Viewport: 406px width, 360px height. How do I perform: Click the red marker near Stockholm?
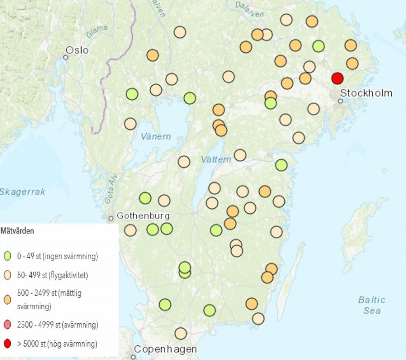337,78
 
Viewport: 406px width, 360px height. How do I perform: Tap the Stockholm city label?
366,93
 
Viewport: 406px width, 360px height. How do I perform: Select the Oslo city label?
77,50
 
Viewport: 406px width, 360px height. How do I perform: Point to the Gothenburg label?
143,216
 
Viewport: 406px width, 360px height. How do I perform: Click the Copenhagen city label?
165,349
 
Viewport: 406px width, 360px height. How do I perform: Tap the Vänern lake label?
156,137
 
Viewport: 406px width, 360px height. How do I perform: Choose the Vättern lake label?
216,160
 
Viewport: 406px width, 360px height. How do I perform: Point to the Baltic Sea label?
372,305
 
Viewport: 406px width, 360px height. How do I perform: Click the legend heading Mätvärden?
17,231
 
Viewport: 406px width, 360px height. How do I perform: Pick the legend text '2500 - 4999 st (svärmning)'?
57,325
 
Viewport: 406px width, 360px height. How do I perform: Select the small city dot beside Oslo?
66,57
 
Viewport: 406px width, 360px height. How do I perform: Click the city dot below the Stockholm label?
340,101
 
